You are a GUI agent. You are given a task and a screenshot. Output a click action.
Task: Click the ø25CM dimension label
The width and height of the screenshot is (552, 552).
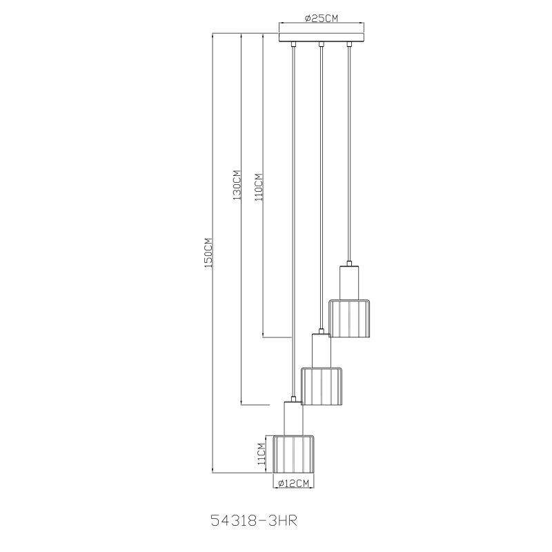pyautogui.click(x=322, y=18)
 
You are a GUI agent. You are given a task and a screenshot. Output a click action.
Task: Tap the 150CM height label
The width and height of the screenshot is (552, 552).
pyautogui.click(x=208, y=253)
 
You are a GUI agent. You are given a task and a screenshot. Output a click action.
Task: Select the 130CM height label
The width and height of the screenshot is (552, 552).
pyautogui.click(x=237, y=185)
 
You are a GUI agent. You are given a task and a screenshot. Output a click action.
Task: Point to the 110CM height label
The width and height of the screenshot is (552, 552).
pyautogui.click(x=259, y=187)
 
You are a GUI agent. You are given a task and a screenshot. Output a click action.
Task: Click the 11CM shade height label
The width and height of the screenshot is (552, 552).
pyautogui.click(x=261, y=454)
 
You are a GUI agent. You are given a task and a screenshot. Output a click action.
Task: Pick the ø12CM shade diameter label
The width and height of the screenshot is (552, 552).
pyautogui.click(x=293, y=484)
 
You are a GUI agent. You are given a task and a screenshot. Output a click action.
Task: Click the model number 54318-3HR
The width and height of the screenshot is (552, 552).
pyautogui.click(x=254, y=521)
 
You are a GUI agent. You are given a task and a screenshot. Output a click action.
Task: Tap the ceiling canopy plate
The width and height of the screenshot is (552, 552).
pyautogui.click(x=322, y=37)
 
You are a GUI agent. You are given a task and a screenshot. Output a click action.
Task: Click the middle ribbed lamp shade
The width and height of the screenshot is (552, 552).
pyautogui.click(x=322, y=386)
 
